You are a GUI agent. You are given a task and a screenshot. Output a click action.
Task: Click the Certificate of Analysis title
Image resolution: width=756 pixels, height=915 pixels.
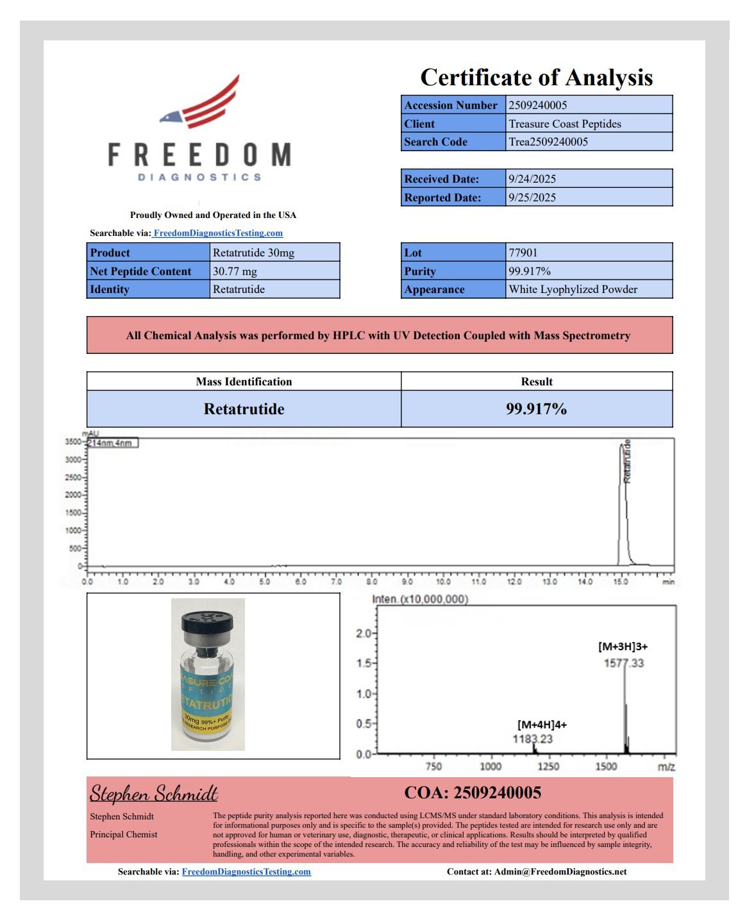[x=536, y=78]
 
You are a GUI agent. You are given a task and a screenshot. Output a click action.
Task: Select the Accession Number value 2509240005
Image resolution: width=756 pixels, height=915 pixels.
[x=537, y=105]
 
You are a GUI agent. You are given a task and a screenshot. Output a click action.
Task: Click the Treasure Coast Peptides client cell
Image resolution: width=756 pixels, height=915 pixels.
[x=564, y=124]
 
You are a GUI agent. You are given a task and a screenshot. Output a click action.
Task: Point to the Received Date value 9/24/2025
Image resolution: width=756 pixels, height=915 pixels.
[x=532, y=179]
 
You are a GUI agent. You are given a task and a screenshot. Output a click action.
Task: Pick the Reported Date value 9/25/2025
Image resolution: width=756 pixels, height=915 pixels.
[x=532, y=197]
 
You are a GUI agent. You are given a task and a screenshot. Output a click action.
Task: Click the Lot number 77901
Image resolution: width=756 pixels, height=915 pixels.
[x=523, y=253]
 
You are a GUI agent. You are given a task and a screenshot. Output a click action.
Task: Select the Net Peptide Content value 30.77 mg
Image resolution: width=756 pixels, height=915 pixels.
[x=235, y=271]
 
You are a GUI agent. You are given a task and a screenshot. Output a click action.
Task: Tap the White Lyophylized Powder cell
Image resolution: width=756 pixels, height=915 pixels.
[x=573, y=289]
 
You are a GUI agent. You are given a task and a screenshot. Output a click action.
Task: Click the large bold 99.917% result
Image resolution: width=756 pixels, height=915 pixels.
[x=536, y=409]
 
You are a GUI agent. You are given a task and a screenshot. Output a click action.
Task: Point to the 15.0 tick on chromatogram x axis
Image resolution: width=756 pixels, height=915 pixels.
[x=620, y=582]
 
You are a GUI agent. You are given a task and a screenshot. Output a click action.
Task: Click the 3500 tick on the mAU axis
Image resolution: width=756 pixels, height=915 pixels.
[x=73, y=442]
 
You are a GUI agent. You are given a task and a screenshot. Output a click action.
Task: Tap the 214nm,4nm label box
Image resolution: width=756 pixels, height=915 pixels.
[x=112, y=443]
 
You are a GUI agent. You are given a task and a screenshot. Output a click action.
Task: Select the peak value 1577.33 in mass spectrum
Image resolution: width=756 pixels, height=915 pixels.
[x=623, y=663]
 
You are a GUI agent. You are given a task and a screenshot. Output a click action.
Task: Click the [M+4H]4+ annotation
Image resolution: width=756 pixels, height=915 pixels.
[x=542, y=725]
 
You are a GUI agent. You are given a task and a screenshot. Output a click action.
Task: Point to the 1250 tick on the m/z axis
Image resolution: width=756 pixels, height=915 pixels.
[x=548, y=766]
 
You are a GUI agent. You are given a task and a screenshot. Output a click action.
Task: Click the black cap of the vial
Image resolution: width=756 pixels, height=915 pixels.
[x=207, y=621]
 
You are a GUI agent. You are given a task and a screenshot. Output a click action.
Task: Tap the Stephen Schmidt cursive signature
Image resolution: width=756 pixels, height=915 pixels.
[x=154, y=794]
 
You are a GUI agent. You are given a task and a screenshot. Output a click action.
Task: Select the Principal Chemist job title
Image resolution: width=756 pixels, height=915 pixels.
[x=124, y=834]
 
